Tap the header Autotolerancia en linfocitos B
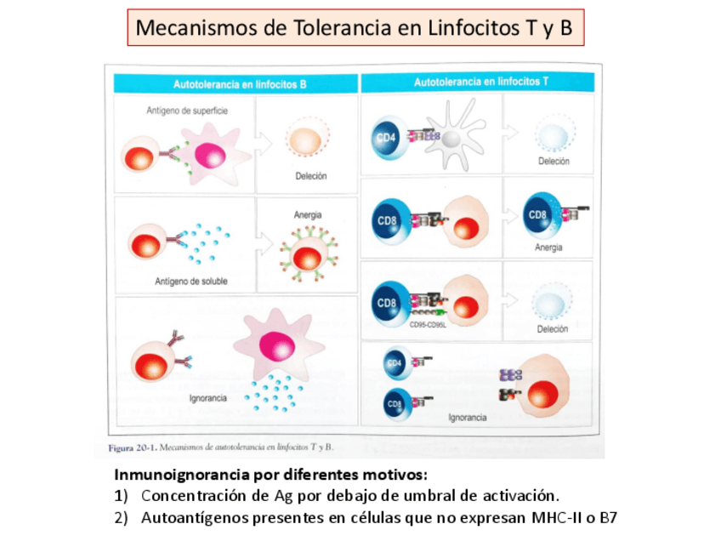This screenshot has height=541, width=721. [x=240, y=84]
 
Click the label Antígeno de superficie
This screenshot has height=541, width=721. [x=187, y=111]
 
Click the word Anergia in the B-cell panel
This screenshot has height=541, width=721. [x=307, y=215]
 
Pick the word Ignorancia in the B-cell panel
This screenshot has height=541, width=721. [x=208, y=398]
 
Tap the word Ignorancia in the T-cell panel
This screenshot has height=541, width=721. [x=468, y=418]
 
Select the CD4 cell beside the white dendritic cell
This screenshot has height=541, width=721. [x=387, y=136]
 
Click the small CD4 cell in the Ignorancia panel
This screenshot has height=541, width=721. [x=395, y=363]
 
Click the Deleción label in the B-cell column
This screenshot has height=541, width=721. [x=311, y=177]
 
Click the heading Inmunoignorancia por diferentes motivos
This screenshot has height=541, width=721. [x=271, y=475]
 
